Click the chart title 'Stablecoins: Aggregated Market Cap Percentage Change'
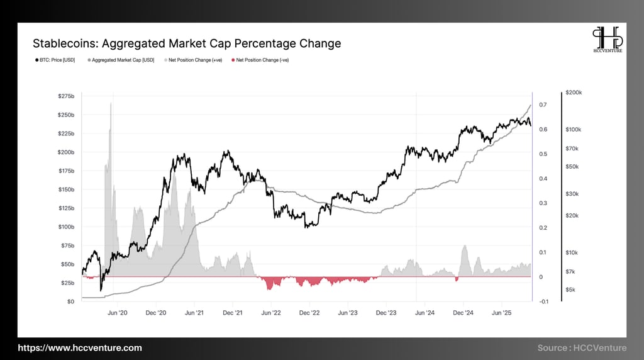pyautogui.click(x=187, y=43)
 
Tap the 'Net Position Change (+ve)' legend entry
pyautogui.click(x=194, y=60)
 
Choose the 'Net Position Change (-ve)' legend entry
pyautogui.click(x=261, y=60)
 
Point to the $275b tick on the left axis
pyautogui.click(x=66, y=96)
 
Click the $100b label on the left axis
pyautogui.click(x=66, y=227)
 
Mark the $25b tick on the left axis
pyautogui.click(x=67, y=283)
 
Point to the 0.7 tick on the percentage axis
pyautogui.click(x=542, y=104)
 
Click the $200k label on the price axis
pyautogui.click(x=574, y=93)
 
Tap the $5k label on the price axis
pyautogui.click(x=571, y=290)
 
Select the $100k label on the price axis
pyautogui.click(x=574, y=129)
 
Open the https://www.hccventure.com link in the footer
pyautogui.click(x=80, y=348)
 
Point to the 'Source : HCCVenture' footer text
pyautogui.click(x=582, y=348)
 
